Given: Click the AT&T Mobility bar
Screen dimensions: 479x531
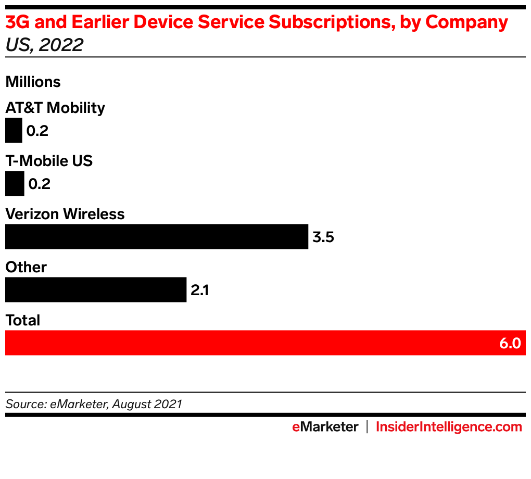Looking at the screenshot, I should coord(14,130).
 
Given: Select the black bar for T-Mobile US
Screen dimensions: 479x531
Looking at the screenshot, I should coord(15,183).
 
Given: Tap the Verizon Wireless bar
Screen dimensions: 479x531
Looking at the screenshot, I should coord(156,236).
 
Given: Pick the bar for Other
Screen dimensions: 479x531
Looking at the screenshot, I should coord(96,289).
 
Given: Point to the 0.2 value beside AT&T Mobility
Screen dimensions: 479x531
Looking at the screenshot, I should coord(37,131).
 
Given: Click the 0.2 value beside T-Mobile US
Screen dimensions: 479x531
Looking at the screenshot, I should coord(40,184).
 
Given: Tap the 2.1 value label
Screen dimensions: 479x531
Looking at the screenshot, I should coord(200,290).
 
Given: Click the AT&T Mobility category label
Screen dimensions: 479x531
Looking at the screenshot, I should coord(55,108).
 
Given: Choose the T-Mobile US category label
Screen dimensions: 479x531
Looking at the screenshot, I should coord(49,161).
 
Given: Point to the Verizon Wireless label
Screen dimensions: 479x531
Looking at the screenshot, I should coord(65,214).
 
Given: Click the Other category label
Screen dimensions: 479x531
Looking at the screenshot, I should coord(26,267).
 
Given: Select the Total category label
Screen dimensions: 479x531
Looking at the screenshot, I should coord(23,320).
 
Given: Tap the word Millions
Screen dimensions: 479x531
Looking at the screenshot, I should coord(33,82).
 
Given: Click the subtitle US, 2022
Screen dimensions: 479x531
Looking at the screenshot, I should coord(44,45).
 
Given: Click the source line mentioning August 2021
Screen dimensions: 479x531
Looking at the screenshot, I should coord(94,404).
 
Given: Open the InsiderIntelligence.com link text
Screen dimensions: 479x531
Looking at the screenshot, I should coord(449,427).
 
